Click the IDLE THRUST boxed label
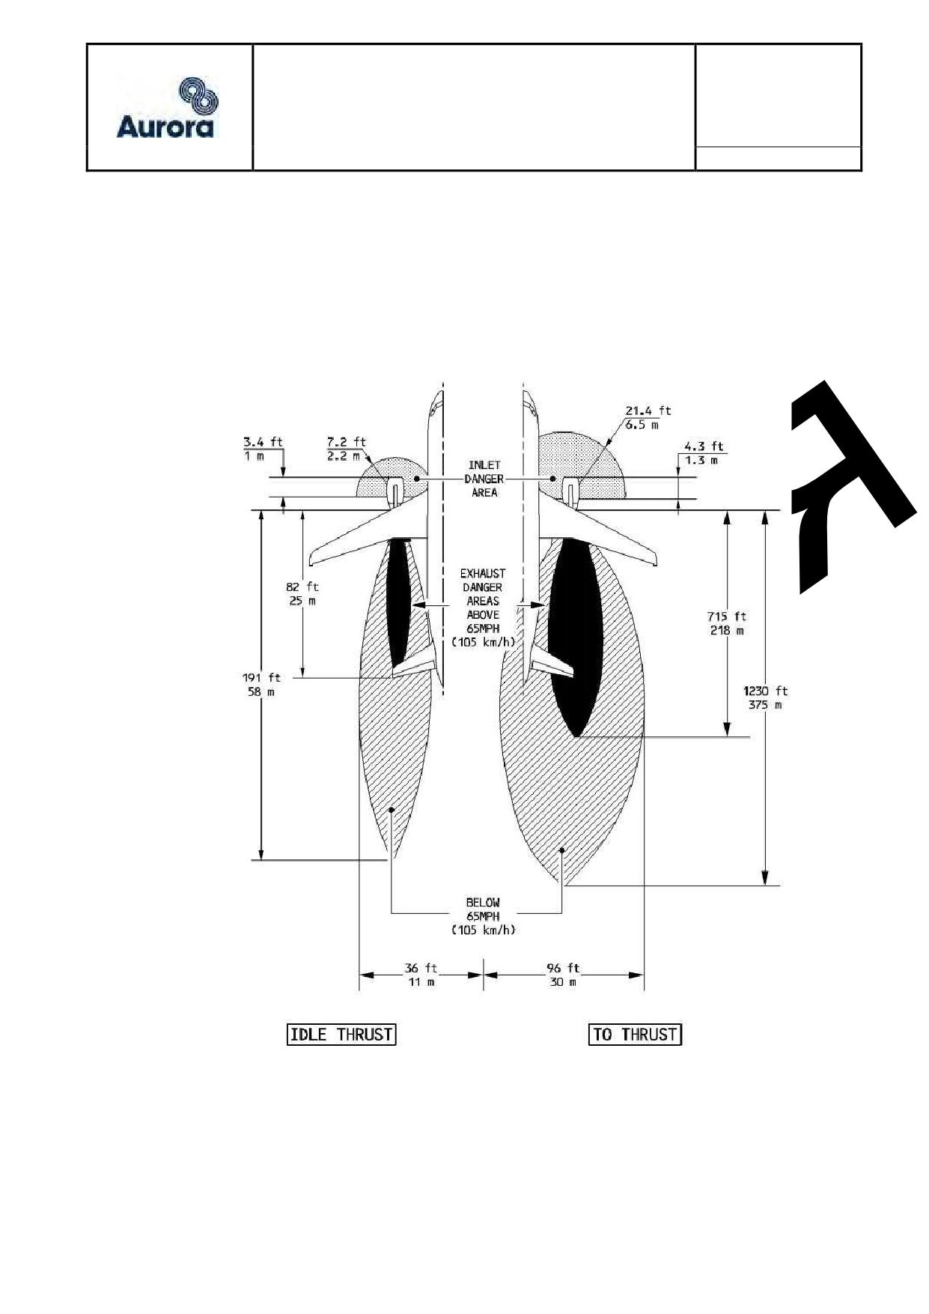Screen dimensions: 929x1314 [341, 1035]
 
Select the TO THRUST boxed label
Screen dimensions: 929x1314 [635, 1035]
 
